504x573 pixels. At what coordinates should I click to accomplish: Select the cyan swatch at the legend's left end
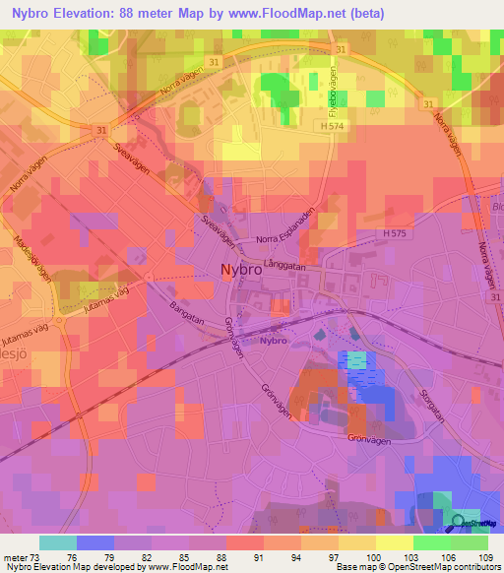[57, 541]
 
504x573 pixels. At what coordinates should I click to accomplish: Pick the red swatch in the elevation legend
[244, 541]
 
